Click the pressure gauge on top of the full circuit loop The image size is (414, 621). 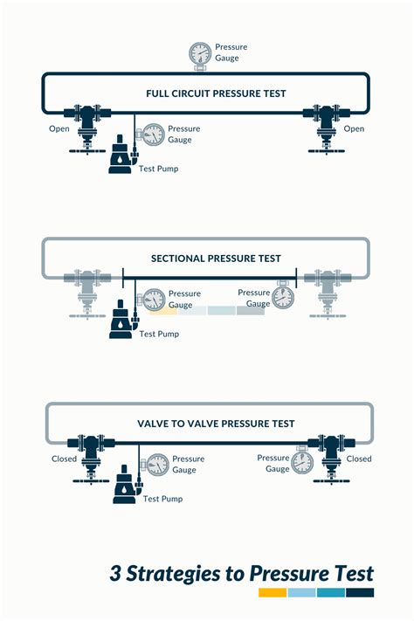click(199, 54)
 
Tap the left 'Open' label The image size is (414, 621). click(59, 129)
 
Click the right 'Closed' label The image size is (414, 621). click(359, 459)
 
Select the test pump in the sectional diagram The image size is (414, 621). click(120, 321)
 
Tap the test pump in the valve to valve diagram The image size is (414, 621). click(124, 486)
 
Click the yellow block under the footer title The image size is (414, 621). click(273, 592)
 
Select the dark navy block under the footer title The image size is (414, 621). click(359, 592)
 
